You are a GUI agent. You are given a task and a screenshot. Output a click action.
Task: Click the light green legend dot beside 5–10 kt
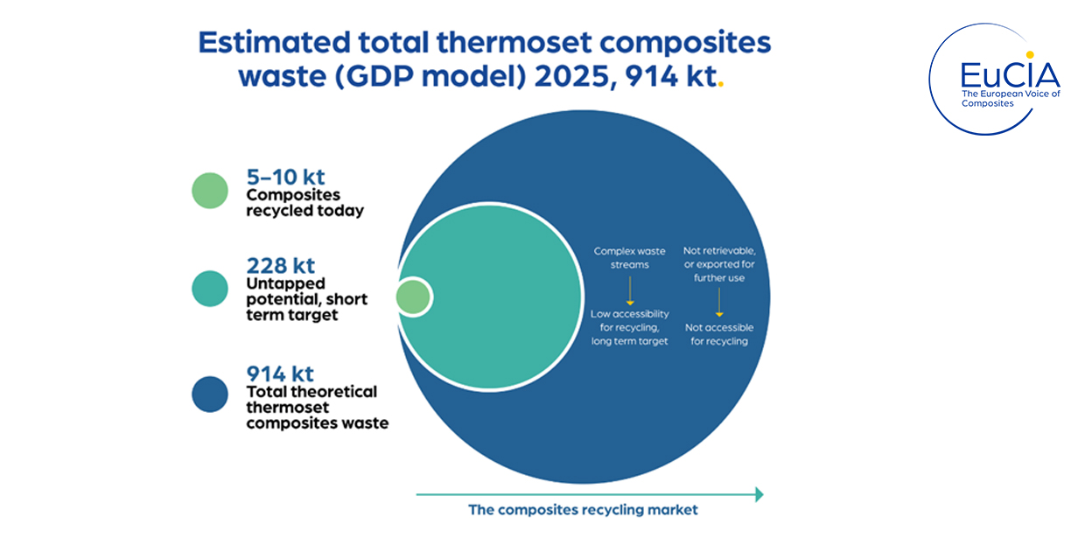click(x=210, y=191)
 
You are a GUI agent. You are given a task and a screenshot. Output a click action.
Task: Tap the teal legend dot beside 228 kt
click(x=210, y=289)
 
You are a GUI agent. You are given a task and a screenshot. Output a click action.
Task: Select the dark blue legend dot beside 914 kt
click(x=210, y=395)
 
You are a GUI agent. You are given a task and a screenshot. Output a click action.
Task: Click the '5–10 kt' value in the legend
click(x=285, y=177)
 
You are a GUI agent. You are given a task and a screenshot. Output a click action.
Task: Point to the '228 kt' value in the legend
click(x=281, y=265)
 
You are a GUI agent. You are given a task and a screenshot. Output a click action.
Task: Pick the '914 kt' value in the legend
click(x=280, y=374)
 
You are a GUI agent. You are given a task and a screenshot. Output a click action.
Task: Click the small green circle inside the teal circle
click(x=413, y=297)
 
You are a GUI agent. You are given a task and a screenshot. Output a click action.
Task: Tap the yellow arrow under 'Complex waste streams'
click(x=630, y=290)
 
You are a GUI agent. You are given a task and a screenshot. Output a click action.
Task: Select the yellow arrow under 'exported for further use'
click(x=719, y=303)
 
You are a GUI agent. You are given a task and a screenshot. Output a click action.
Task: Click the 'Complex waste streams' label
click(x=630, y=258)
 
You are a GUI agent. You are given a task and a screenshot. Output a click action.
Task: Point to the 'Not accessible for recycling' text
click(x=719, y=334)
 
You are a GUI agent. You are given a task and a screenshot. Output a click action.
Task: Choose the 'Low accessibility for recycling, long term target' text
click(x=630, y=327)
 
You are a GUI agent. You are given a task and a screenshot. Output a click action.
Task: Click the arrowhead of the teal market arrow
click(x=759, y=494)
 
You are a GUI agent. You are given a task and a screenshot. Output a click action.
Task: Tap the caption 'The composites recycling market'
click(x=583, y=510)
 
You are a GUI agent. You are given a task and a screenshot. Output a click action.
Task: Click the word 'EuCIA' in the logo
click(x=1010, y=75)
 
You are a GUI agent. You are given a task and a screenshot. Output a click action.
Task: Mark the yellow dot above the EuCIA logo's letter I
click(x=1030, y=55)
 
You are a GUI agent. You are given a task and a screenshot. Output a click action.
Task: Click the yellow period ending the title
click(x=721, y=85)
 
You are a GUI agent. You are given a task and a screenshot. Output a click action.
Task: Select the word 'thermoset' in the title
click(x=514, y=42)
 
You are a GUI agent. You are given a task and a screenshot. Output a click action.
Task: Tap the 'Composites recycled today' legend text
click(x=304, y=203)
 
